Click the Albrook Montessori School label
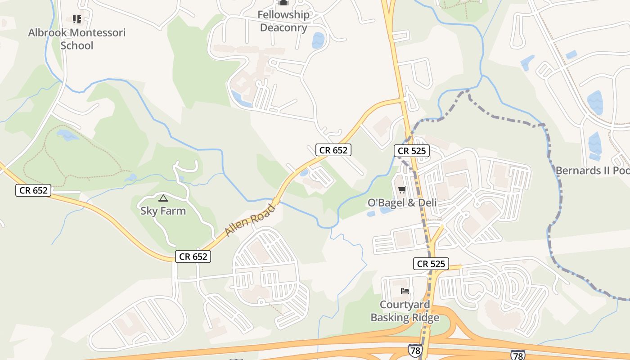[76, 39]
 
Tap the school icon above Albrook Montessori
[77, 19]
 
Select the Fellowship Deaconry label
[283, 21]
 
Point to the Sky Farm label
[163, 211]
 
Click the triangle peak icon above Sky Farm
[163, 198]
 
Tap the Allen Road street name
[250, 220]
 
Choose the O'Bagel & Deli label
[402, 202]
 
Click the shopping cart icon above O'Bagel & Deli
[402, 189]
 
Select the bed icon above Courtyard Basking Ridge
[405, 291]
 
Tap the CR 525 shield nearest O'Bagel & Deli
[412, 151]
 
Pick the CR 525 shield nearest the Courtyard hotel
[431, 264]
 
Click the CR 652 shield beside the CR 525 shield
[333, 150]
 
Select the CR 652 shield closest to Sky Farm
[193, 256]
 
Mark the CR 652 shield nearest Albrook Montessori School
[33, 190]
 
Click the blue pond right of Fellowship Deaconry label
[318, 40]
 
